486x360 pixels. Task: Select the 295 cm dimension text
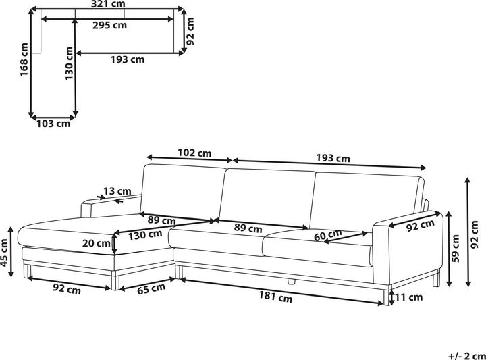click(109, 26)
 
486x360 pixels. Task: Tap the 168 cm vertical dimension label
click(24, 60)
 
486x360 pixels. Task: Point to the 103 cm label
click(53, 124)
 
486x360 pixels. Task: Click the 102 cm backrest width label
click(194, 153)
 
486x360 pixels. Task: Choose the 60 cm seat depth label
click(328, 236)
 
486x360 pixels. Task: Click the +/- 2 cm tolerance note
click(466, 355)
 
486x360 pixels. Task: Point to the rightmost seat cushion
click(317, 247)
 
